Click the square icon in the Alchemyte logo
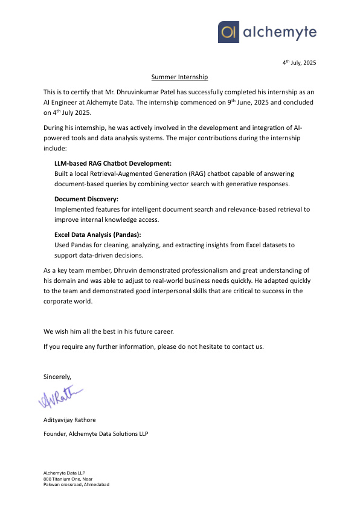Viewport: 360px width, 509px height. click(x=228, y=32)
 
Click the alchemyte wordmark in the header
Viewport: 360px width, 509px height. click(x=278, y=33)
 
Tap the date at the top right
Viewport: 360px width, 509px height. click(x=300, y=63)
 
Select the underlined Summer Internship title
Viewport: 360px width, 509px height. click(x=179, y=77)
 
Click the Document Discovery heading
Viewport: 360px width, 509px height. click(x=86, y=198)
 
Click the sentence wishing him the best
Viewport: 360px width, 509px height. click(x=109, y=331)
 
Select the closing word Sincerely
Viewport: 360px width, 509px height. click(x=57, y=376)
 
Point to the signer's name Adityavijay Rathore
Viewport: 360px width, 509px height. click(x=69, y=420)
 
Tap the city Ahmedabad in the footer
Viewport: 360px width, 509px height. click(x=95, y=485)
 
